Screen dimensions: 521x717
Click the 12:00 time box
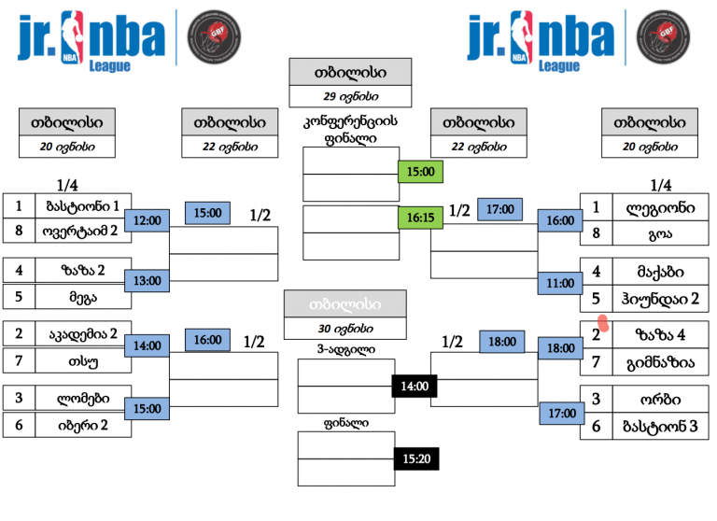coord(148,220)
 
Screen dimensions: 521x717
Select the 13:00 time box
coord(148,280)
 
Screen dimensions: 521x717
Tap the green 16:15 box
coord(419,218)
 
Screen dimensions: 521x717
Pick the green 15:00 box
coord(419,171)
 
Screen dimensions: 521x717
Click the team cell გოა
coord(651,232)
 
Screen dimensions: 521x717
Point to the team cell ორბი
coord(651,398)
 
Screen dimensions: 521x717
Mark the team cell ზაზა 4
coord(651,334)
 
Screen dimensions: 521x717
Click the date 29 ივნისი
coord(350,96)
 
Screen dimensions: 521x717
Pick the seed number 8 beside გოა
coord(594,232)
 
